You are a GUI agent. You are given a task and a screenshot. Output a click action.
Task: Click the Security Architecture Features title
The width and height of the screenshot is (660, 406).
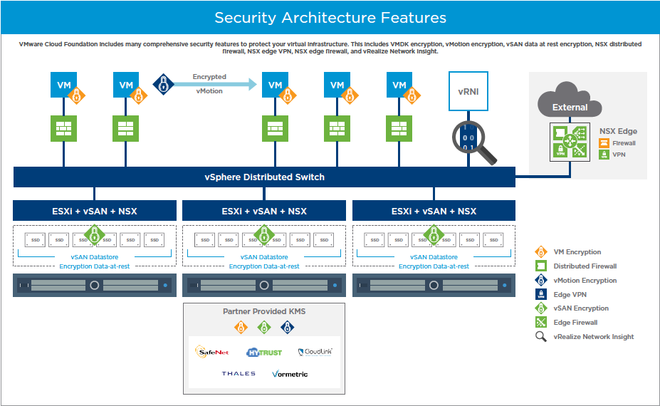tap(330, 18)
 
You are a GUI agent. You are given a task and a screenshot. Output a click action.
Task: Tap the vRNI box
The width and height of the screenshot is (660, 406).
tap(468, 90)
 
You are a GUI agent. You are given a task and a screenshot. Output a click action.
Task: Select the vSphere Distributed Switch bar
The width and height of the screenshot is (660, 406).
tap(264, 177)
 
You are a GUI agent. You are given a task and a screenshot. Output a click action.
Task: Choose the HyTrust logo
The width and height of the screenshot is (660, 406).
tap(263, 352)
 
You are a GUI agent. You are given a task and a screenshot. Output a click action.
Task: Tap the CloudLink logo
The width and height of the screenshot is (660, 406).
tap(315, 351)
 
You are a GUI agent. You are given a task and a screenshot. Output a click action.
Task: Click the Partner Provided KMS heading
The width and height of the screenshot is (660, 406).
tap(264, 312)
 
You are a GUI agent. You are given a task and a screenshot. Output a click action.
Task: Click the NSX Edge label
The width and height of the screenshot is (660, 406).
tap(618, 131)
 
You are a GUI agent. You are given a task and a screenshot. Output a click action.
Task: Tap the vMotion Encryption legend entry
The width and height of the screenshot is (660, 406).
tap(584, 281)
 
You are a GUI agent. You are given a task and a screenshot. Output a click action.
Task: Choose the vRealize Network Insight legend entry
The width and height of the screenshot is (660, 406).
tap(592, 337)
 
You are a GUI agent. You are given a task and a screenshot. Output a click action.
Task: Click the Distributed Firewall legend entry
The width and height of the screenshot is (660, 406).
tap(584, 266)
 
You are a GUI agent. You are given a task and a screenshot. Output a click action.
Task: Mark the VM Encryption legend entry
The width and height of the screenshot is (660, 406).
tap(577, 252)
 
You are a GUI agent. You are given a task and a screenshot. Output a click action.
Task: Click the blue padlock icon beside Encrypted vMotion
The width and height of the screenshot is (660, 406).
tap(164, 83)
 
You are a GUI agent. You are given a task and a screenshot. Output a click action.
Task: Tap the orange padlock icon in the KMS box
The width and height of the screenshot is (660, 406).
tap(241, 327)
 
